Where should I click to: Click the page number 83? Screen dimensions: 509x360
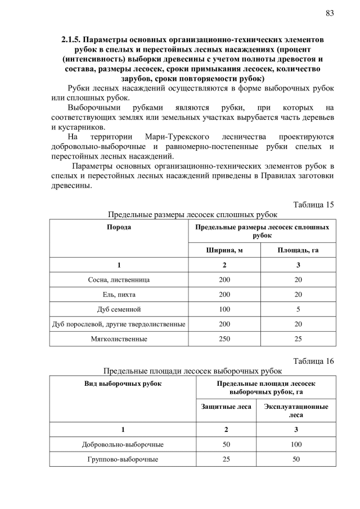(x=330, y=13)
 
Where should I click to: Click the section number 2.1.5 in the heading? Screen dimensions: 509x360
(x=72, y=41)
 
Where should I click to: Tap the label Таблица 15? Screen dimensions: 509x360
(x=314, y=204)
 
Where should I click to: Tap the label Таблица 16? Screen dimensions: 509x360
(x=314, y=361)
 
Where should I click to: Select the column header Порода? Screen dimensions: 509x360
(x=119, y=227)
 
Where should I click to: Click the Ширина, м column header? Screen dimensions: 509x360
(x=225, y=250)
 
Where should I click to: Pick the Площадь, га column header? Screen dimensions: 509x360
(x=299, y=250)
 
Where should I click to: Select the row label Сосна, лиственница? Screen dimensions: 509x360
(x=119, y=280)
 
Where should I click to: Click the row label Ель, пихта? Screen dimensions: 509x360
(x=119, y=294)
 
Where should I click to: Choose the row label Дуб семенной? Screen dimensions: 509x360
(x=119, y=309)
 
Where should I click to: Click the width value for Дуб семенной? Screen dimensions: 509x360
(x=225, y=309)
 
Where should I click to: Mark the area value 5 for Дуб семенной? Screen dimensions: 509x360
(x=299, y=309)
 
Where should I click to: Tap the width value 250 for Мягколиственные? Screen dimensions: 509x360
(x=225, y=339)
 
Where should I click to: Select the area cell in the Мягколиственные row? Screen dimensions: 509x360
(x=299, y=339)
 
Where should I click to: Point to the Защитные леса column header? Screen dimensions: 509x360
(x=226, y=406)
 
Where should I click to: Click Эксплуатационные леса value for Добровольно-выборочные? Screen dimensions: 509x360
(x=296, y=444)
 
